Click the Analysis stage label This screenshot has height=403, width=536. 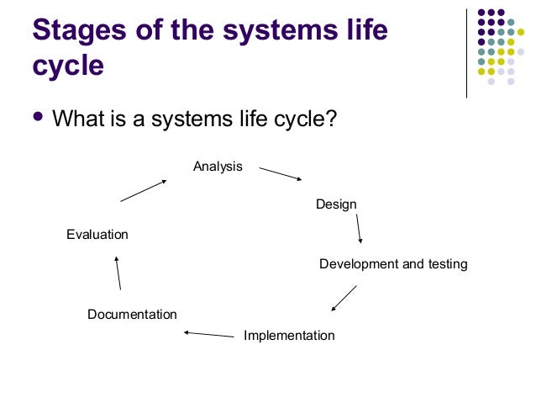[218, 167]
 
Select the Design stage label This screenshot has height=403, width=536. [336, 204]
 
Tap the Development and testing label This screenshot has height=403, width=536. [393, 264]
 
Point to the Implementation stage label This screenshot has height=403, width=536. [289, 336]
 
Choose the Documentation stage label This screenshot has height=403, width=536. [132, 315]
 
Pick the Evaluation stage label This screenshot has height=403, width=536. [97, 235]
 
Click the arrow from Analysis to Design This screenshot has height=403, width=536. [280, 173]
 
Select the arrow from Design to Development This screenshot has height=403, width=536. [359, 228]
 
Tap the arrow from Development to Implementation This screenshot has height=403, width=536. [344, 298]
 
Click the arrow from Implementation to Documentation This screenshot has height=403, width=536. [208, 335]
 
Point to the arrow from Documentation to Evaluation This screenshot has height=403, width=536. [118, 273]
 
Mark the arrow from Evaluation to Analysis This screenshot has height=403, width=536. [143, 190]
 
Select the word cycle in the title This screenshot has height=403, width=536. [67, 66]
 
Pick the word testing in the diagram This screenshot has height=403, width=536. [447, 264]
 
